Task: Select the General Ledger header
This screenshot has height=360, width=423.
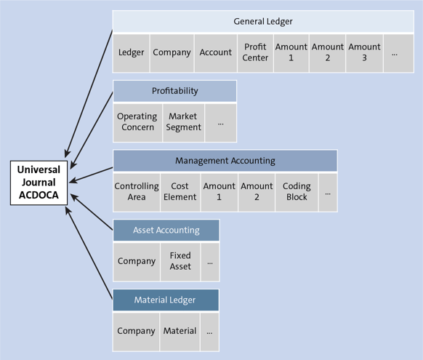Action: pyautogui.click(x=263, y=22)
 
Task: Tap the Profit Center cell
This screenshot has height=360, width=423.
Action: pyautogui.click(x=255, y=52)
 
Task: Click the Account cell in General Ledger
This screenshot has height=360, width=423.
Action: pyautogui.click(x=216, y=52)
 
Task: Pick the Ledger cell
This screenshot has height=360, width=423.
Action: pyautogui.click(x=132, y=52)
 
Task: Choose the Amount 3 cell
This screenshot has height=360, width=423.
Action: pyautogui.click(x=364, y=52)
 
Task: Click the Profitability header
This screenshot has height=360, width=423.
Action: pyautogui.click(x=174, y=91)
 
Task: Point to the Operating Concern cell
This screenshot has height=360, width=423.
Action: pyautogui.click(x=137, y=121)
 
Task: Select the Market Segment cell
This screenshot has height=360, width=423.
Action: pyautogui.click(x=183, y=121)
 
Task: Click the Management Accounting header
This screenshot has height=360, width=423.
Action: pyautogui.click(x=225, y=161)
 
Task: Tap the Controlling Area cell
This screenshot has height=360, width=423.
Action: pyautogui.click(x=137, y=191)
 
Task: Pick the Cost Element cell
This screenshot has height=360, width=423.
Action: pyautogui.click(x=180, y=191)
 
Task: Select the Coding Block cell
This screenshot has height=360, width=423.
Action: pyautogui.click(x=297, y=191)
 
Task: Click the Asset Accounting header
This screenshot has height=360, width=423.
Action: pyautogui.click(x=166, y=231)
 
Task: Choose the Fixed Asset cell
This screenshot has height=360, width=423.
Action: pyautogui.click(x=180, y=261)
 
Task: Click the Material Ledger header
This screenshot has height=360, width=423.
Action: pyautogui.click(x=165, y=300)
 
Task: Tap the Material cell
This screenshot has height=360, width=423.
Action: pyautogui.click(x=180, y=331)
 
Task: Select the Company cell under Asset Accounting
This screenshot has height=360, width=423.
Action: pyautogui.click(x=137, y=261)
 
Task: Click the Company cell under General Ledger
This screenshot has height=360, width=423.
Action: pyautogui.click(x=172, y=52)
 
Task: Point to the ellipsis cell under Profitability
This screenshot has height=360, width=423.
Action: pyautogui.click(x=220, y=121)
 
